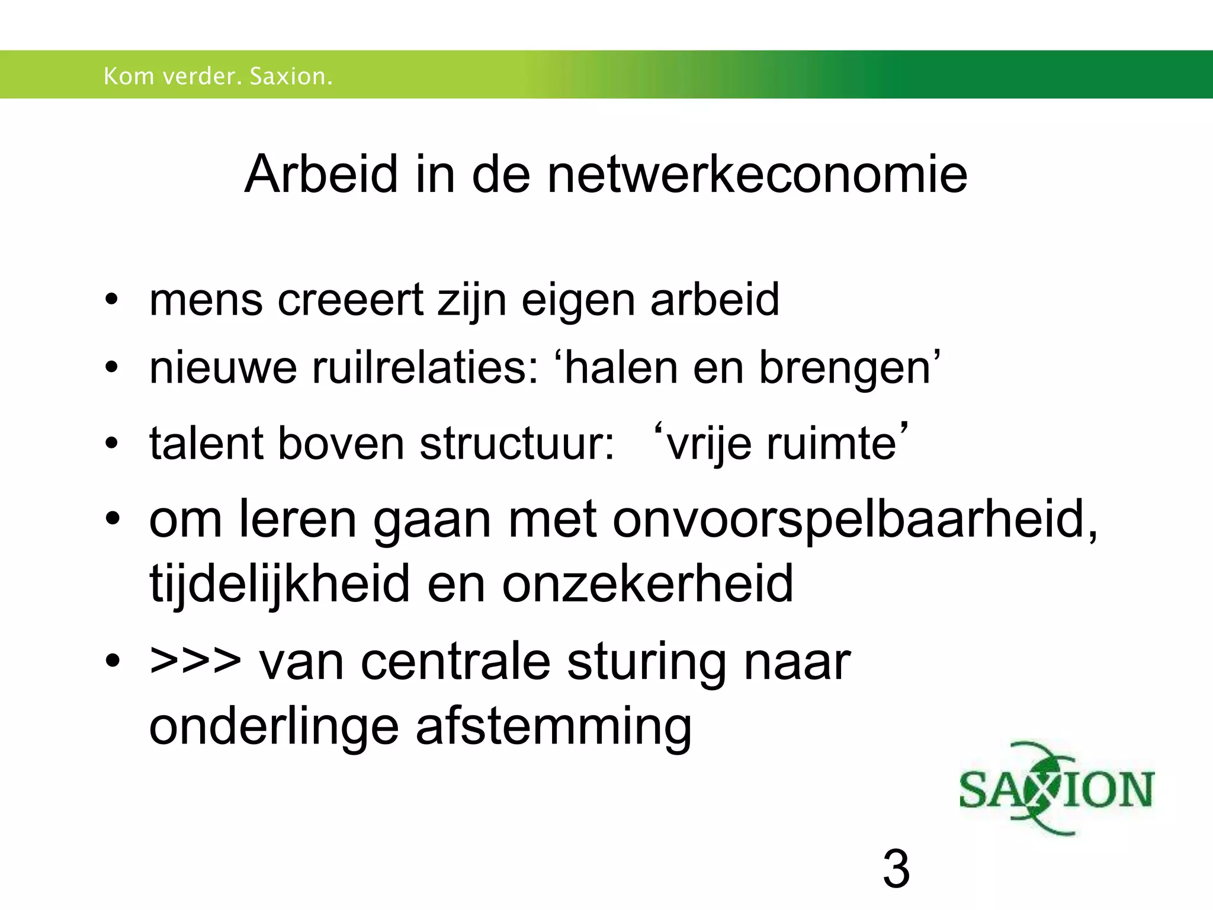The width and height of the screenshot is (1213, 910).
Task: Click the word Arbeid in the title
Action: (x=321, y=174)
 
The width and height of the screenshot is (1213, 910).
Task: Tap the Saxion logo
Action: (x=1057, y=789)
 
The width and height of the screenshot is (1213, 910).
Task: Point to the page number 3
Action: (x=896, y=869)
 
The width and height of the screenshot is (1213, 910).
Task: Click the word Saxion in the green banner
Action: (x=291, y=76)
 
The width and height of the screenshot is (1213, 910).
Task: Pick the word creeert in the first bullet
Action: (x=351, y=300)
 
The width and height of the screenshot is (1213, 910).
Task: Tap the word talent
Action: (x=206, y=443)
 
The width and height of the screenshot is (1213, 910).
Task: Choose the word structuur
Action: (x=517, y=443)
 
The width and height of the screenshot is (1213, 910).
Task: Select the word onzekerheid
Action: (x=647, y=584)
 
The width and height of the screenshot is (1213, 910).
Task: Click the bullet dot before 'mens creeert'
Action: (x=111, y=300)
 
